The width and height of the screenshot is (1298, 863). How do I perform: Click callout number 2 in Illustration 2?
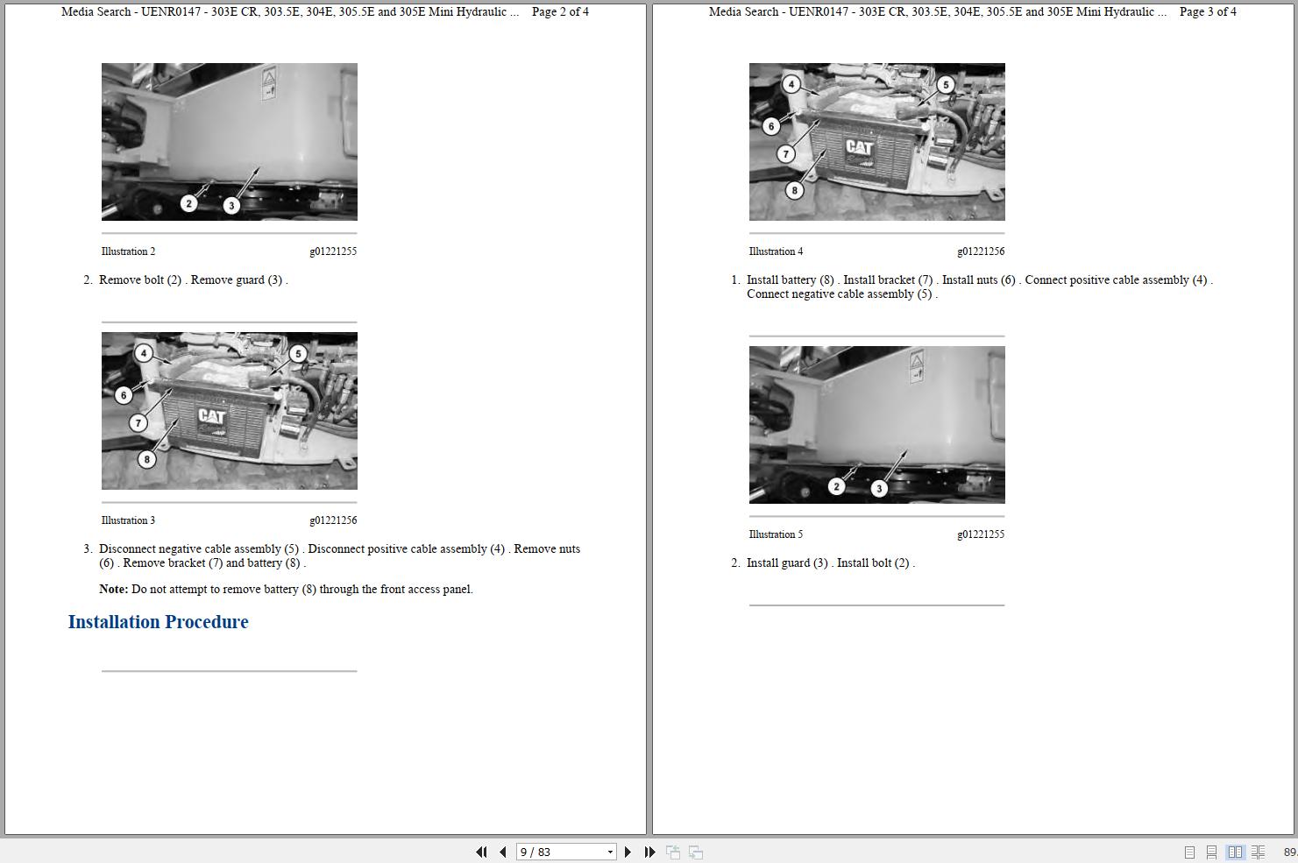[188, 203]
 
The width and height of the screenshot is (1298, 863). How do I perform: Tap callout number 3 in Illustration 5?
[879, 489]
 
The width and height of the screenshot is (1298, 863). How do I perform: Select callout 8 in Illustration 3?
[146, 459]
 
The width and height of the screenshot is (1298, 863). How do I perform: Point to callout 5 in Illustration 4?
[946, 85]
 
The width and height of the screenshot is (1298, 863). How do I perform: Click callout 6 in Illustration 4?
[770, 126]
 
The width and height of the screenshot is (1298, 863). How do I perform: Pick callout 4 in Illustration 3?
[144, 353]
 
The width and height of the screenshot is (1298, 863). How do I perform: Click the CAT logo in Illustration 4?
[859, 147]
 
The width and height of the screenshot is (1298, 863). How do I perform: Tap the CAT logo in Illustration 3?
[211, 416]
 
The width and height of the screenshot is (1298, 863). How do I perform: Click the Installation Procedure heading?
[158, 621]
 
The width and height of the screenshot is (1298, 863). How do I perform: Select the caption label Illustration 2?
[128, 251]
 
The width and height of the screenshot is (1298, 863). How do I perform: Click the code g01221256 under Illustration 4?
[981, 251]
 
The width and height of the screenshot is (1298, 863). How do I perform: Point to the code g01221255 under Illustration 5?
[981, 534]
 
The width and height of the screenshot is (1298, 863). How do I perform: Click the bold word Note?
[114, 589]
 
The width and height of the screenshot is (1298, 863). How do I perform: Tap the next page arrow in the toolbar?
[628, 852]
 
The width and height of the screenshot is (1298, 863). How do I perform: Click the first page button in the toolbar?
[481, 852]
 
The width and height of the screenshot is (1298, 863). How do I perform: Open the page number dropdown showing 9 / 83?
[610, 852]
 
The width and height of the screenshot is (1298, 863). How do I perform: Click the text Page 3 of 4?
[1208, 11]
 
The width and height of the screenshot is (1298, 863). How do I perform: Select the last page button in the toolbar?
[649, 852]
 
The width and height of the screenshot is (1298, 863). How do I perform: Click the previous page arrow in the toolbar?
[503, 852]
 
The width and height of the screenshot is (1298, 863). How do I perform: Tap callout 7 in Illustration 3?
[138, 423]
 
